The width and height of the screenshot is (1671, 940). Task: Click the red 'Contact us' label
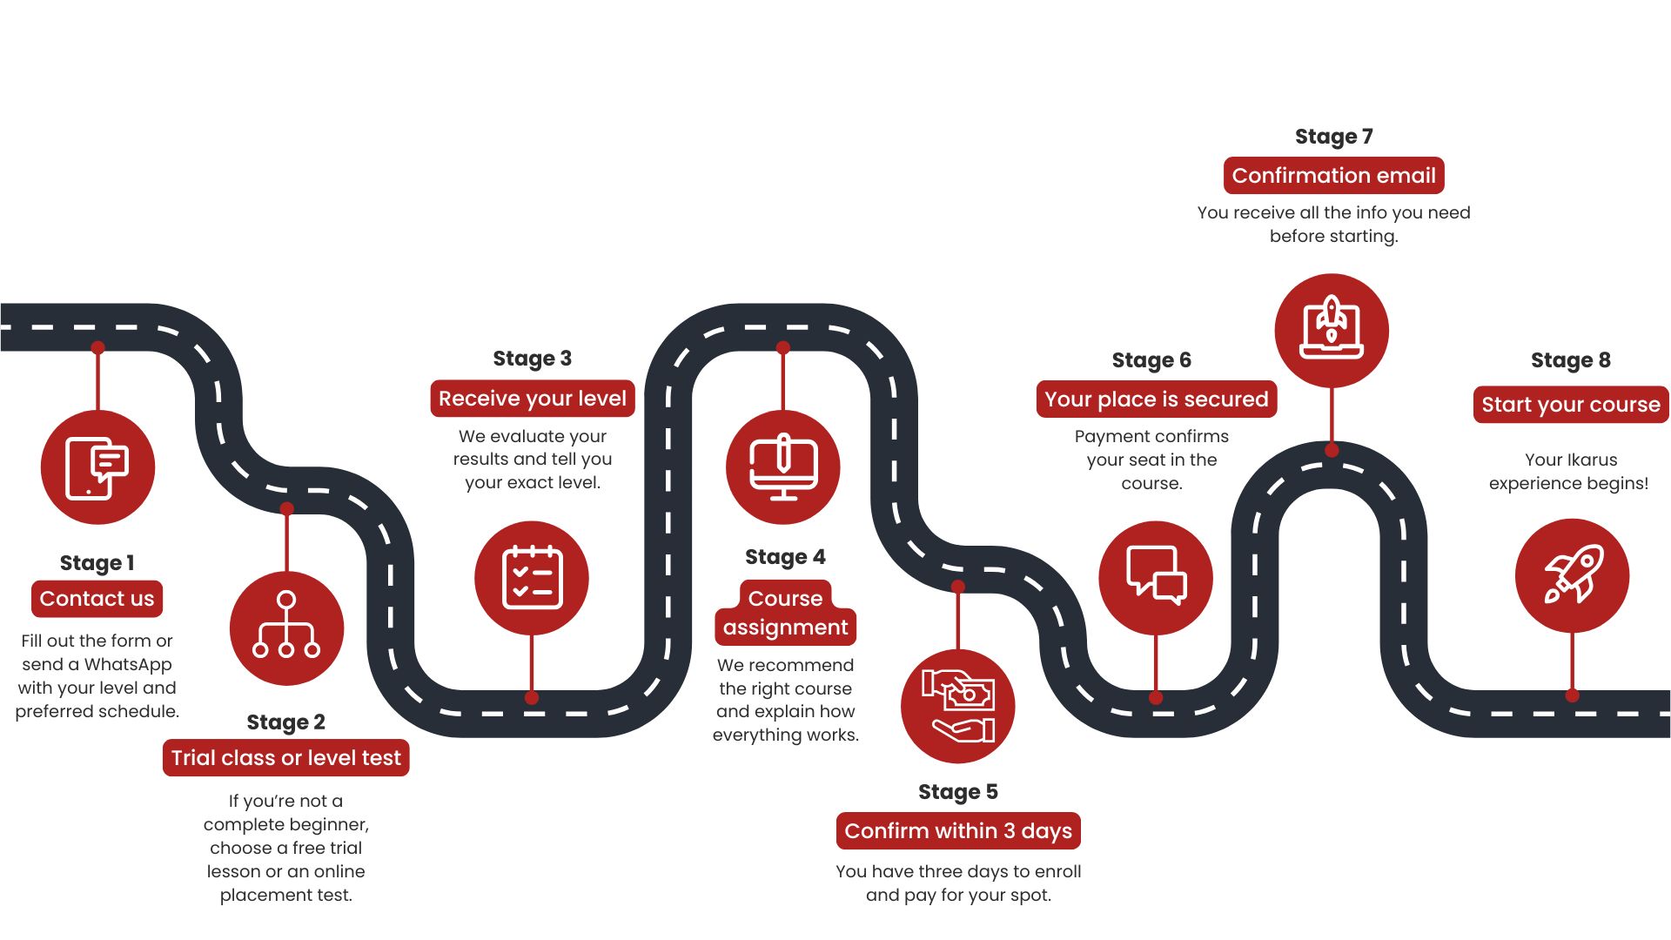point(97,599)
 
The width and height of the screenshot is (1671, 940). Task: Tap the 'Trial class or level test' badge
point(285,758)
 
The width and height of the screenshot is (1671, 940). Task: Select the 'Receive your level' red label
point(532,399)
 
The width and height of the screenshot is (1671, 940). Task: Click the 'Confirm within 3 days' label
point(958,831)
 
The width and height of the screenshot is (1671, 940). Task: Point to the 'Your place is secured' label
point(1156,399)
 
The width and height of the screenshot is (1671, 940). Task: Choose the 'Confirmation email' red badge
point(1333,176)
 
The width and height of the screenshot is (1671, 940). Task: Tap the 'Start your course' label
point(1570,405)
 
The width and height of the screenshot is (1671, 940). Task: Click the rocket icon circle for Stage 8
point(1572,575)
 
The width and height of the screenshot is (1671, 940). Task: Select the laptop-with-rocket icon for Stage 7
point(1331,330)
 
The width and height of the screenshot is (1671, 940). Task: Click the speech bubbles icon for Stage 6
point(1155,577)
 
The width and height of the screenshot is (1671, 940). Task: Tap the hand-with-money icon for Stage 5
point(957,706)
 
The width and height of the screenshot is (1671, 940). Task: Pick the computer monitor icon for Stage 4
point(782,467)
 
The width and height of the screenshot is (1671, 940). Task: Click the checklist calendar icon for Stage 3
point(532,577)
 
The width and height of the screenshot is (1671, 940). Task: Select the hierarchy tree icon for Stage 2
point(286,628)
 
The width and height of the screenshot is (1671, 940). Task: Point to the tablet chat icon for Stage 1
point(97,467)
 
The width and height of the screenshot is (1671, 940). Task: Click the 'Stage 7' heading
point(1333,137)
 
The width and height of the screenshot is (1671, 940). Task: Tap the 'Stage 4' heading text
point(785,557)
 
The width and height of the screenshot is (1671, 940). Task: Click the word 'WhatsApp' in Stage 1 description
point(128,664)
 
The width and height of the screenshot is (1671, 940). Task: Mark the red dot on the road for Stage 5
point(958,587)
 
